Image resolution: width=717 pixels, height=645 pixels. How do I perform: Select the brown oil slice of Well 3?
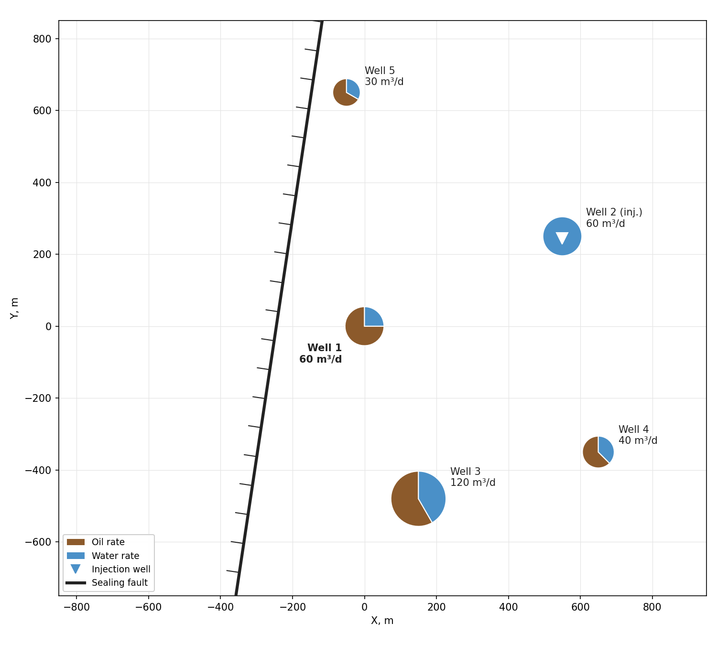pyautogui.click(x=406, y=500)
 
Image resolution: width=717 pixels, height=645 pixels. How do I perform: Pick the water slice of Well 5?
pyautogui.click(x=353, y=88)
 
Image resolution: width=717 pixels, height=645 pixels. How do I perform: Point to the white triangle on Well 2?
pyautogui.click(x=562, y=237)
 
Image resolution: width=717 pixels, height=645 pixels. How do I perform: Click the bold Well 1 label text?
pyautogui.click(x=324, y=348)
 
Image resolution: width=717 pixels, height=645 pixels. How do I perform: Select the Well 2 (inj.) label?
pyautogui.click(x=614, y=212)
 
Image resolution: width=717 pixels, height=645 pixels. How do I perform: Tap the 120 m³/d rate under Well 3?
pyautogui.click(x=473, y=483)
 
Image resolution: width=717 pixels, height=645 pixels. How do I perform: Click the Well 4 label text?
pyautogui.click(x=633, y=429)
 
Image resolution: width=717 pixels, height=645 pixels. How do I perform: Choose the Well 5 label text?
pyautogui.click(x=380, y=71)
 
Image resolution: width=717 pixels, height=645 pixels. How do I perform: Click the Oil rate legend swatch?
pyautogui.click(x=76, y=542)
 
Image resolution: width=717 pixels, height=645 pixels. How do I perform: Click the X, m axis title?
pyautogui.click(x=382, y=621)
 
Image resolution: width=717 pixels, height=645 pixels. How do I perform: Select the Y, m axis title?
pyautogui.click(x=14, y=308)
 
